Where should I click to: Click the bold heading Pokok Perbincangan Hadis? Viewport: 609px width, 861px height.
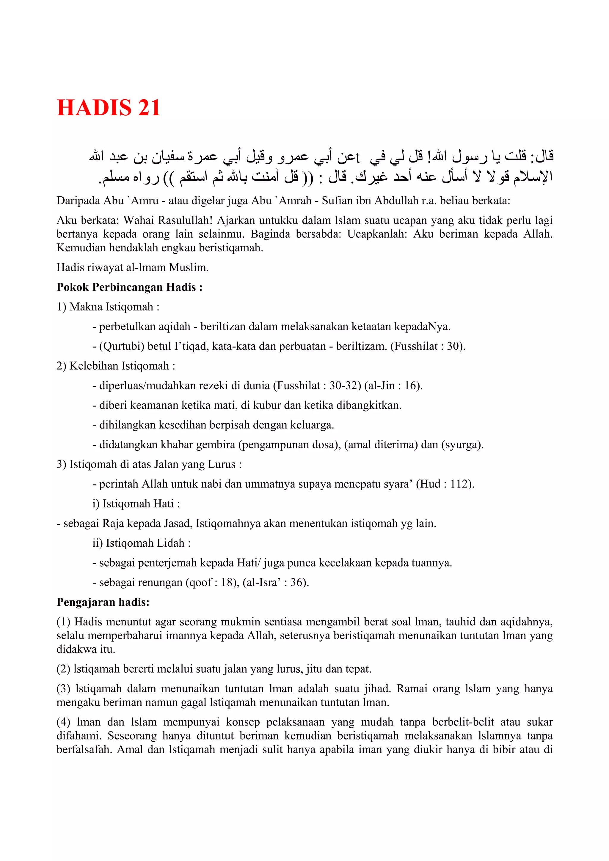(x=129, y=287)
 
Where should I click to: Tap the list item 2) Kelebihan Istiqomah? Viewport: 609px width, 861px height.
(x=116, y=366)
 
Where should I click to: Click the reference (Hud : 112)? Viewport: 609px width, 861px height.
(x=445, y=484)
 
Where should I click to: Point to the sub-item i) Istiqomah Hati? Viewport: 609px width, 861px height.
(x=136, y=504)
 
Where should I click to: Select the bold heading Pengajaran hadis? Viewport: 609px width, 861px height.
(x=103, y=602)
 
